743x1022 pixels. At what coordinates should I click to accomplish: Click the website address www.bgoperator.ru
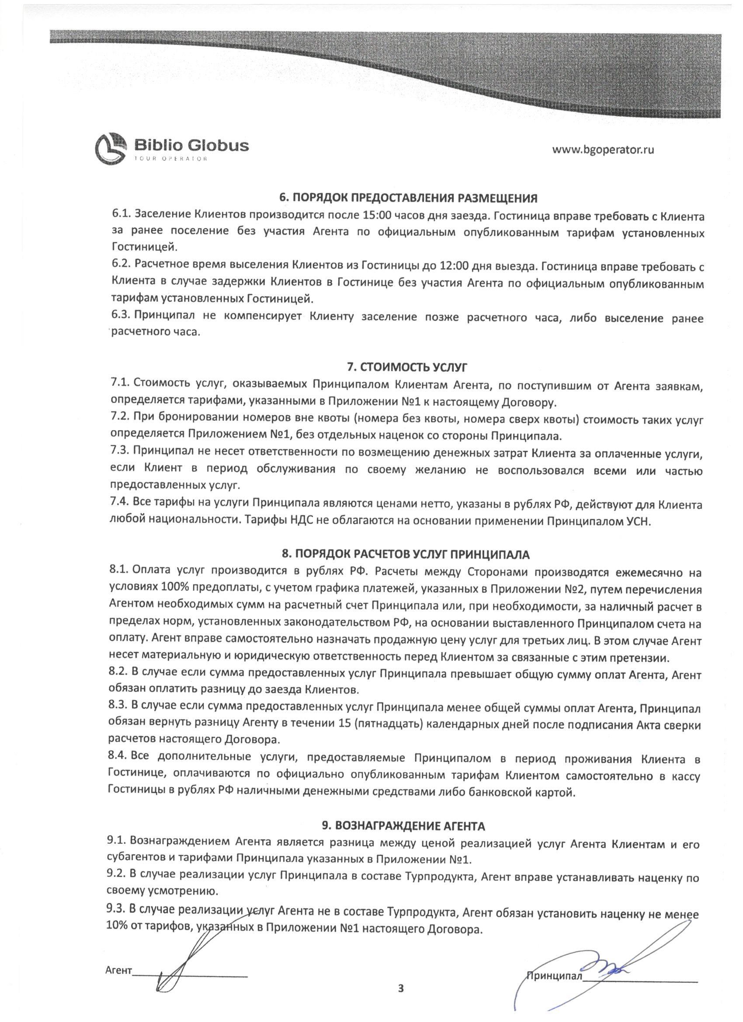[603, 149]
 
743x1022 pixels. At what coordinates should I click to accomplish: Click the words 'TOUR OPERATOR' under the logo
[171, 159]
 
